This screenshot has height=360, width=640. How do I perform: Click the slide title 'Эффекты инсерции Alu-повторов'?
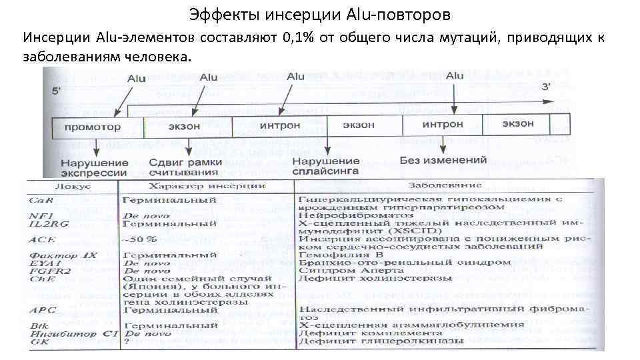(x=320, y=13)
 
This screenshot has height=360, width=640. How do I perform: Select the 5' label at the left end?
(x=51, y=89)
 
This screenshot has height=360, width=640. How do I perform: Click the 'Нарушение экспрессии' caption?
(x=95, y=167)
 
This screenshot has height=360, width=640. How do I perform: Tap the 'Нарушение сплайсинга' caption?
(x=326, y=167)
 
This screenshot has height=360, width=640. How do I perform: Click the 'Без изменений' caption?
(x=443, y=161)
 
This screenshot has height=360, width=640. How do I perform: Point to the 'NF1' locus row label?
(x=37, y=215)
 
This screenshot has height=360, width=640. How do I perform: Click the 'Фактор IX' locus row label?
(x=53, y=255)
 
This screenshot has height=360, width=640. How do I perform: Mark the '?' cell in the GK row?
(x=127, y=341)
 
